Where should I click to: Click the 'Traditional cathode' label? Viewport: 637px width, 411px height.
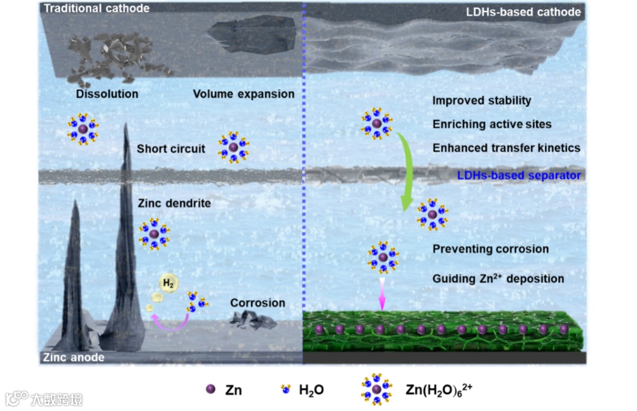click(x=97, y=8)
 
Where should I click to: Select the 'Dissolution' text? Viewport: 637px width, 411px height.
click(x=107, y=94)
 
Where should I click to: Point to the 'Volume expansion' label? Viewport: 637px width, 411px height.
click(x=244, y=94)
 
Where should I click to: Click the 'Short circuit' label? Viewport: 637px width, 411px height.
click(x=171, y=149)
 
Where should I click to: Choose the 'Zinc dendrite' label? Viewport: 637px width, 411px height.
click(x=174, y=203)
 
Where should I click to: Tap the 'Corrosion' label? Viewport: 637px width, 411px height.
click(x=258, y=303)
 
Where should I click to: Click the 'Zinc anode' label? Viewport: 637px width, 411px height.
click(x=74, y=357)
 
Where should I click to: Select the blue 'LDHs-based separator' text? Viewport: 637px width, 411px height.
click(x=519, y=175)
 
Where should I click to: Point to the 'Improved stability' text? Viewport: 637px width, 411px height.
click(x=481, y=100)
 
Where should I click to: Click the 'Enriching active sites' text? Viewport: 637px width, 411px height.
click(x=492, y=124)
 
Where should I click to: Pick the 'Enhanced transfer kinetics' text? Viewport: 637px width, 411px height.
click(x=506, y=148)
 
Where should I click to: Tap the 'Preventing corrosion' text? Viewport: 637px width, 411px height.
click(x=490, y=249)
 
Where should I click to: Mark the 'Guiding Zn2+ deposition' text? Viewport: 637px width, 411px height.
click(x=498, y=278)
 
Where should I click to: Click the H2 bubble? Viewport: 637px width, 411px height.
click(x=169, y=284)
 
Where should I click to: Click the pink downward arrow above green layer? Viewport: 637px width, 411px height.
click(x=382, y=295)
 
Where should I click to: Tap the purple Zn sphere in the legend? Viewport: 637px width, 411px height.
click(x=209, y=389)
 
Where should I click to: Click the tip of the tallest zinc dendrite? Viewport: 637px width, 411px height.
click(x=126, y=125)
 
